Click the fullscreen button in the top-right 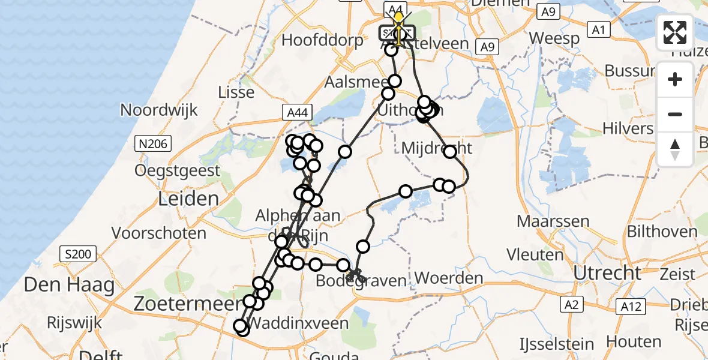[x=675, y=32]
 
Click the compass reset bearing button [x=675, y=149]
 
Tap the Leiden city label [x=179, y=199]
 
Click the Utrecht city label [x=607, y=273]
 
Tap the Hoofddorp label [x=322, y=41]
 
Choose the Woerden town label [x=449, y=278]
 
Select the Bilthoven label [x=662, y=231]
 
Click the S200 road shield [x=78, y=254]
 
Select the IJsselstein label [x=556, y=345]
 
